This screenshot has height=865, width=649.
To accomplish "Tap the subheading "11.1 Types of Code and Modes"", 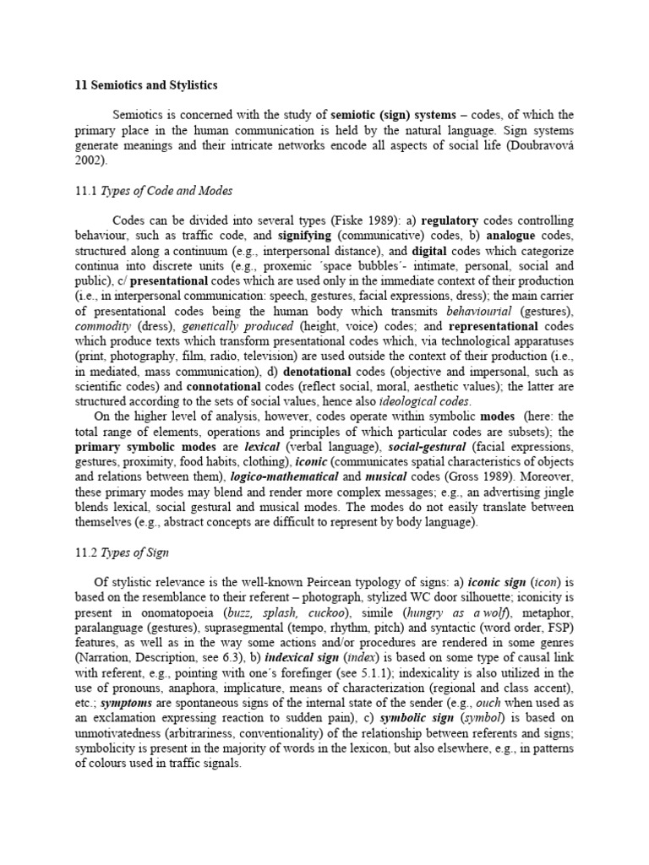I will [155, 191].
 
